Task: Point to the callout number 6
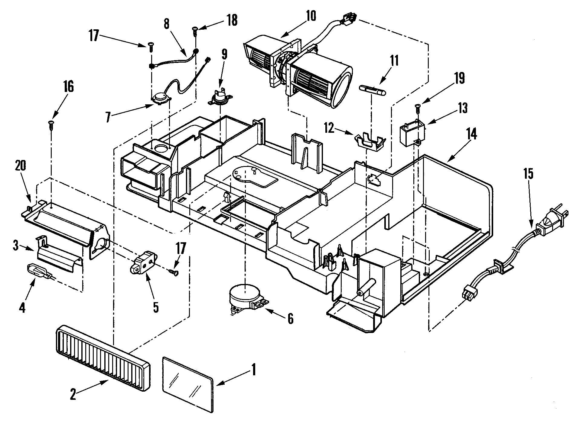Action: coord(290,319)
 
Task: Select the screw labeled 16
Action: coord(51,125)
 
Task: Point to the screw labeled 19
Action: coord(418,107)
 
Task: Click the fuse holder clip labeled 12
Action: coord(370,142)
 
